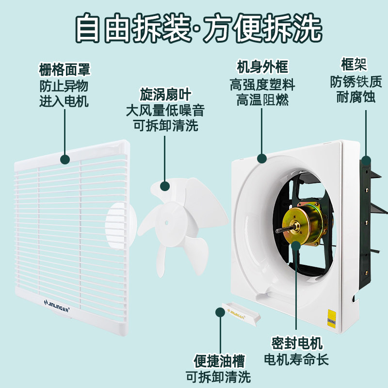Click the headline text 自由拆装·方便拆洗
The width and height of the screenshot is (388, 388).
(194, 28)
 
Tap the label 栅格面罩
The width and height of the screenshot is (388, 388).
(64, 70)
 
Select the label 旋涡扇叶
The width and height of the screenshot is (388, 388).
(164, 94)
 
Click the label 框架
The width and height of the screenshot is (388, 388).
(353, 64)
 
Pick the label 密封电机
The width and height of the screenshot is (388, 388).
(296, 344)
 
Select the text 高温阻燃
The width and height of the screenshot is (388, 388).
(262, 99)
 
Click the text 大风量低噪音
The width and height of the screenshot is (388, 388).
(164, 110)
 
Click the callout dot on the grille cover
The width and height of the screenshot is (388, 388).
(64, 158)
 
